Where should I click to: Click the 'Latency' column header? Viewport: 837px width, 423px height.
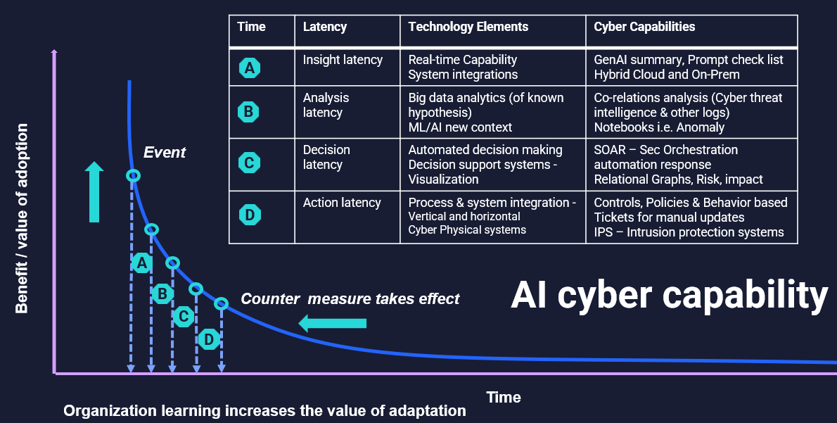[x=324, y=27]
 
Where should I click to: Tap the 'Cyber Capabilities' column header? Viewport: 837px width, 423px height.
[x=644, y=27]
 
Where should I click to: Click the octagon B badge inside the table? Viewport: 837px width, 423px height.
[x=248, y=112]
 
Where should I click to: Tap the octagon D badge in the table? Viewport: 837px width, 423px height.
[x=249, y=215]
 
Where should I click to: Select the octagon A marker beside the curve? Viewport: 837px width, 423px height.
[x=141, y=263]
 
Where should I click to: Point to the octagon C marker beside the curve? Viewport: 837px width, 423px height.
[x=183, y=317]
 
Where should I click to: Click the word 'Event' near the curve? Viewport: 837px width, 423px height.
[x=165, y=152]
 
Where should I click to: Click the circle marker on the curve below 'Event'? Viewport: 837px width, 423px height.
[x=134, y=175]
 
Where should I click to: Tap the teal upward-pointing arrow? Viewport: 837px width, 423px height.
[x=94, y=191]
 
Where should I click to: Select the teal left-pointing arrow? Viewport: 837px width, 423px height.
[x=332, y=323]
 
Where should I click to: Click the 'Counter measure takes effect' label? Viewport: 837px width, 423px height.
[x=350, y=298]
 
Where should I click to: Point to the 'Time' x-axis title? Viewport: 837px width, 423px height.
[x=504, y=398]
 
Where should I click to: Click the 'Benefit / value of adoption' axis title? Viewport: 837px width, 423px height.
[x=21, y=218]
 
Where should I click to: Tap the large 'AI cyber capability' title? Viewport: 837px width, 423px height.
[x=670, y=295]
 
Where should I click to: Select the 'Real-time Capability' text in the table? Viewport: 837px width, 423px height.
[x=462, y=60]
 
